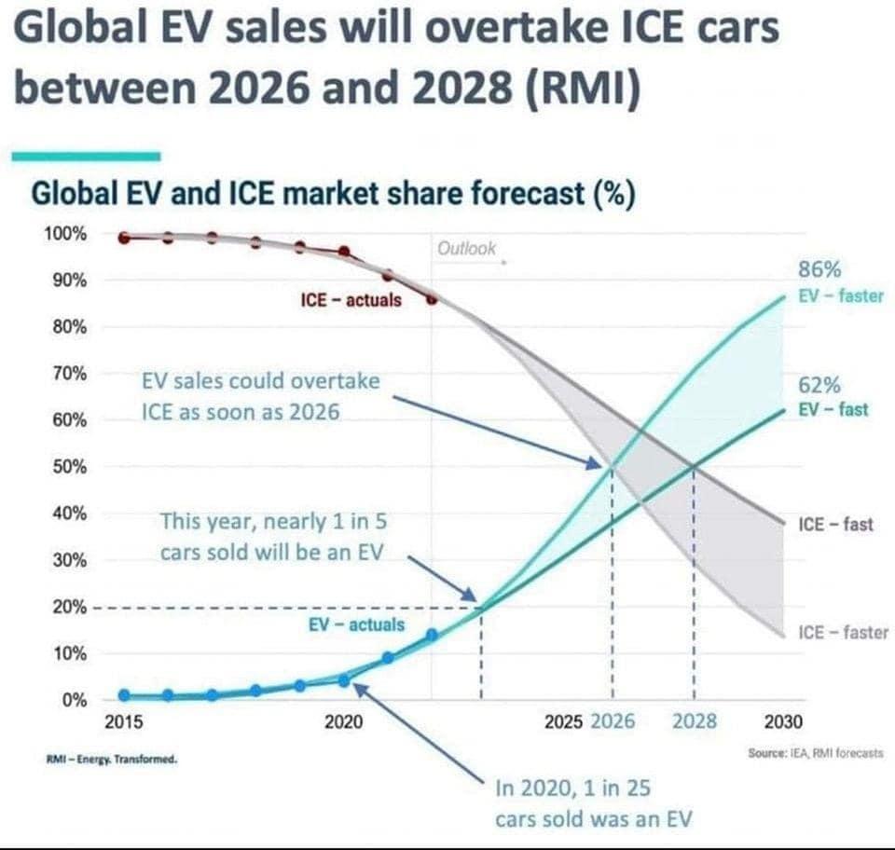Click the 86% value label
pyautogui.click(x=820, y=270)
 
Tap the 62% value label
pyautogui.click(x=820, y=385)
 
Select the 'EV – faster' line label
pyautogui.click(x=841, y=296)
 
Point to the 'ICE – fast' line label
pyautogui.click(x=836, y=524)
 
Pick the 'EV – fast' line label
pyautogui.click(x=833, y=409)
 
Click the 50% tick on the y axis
pyautogui.click(x=69, y=466)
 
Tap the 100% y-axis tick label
pyautogui.click(x=65, y=233)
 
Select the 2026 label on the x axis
pyautogui.click(x=613, y=721)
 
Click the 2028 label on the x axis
pyautogui.click(x=695, y=721)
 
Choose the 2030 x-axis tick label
pyautogui.click(x=781, y=721)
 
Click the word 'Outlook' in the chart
pyautogui.click(x=467, y=249)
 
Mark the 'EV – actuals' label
pyautogui.click(x=356, y=624)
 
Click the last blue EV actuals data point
pyautogui.click(x=432, y=635)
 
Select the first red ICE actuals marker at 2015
pyautogui.click(x=123, y=238)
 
